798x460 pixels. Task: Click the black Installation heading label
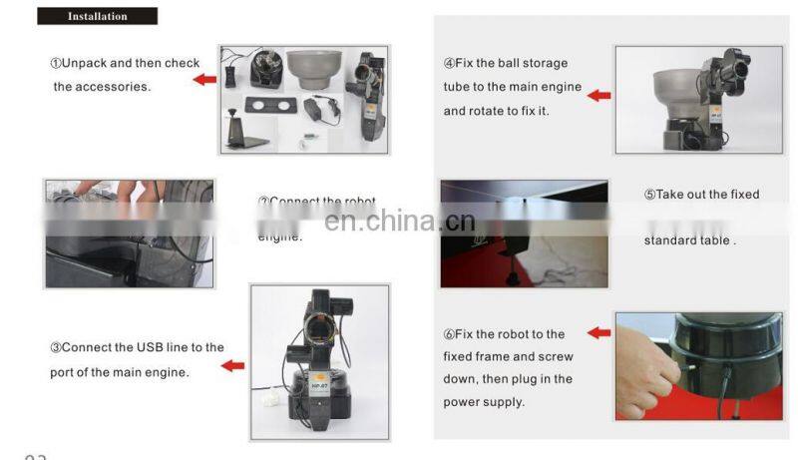[x=97, y=16]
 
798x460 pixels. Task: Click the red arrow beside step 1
[x=204, y=79]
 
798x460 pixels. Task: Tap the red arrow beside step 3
[x=232, y=366]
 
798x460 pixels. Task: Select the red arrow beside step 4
[x=598, y=96]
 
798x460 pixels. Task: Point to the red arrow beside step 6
[x=598, y=332]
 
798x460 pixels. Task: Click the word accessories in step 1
[x=116, y=87]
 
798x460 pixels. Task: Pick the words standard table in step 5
[x=688, y=240]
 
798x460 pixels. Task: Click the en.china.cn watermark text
[x=400, y=220]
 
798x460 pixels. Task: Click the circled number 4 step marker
[x=449, y=64]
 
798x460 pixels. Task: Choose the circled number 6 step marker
[x=449, y=334]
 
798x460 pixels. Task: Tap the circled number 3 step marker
[x=56, y=348]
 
